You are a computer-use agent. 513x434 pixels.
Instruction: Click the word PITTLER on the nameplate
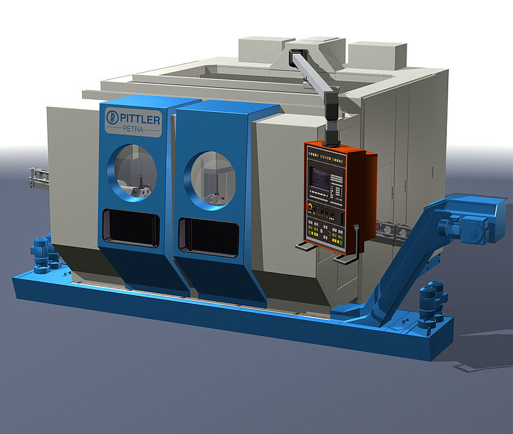140,119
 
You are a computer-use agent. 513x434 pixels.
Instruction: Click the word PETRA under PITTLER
133,129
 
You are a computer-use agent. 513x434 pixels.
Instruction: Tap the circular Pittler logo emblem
112,118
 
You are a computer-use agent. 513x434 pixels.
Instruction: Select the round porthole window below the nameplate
132,173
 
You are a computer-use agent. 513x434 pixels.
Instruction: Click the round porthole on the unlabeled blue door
210,180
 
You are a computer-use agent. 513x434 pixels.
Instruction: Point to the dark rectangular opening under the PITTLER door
131,228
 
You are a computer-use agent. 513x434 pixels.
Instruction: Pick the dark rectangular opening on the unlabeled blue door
208,237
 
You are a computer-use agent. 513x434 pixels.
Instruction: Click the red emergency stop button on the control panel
308,207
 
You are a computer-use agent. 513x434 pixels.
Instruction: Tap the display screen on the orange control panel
319,178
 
